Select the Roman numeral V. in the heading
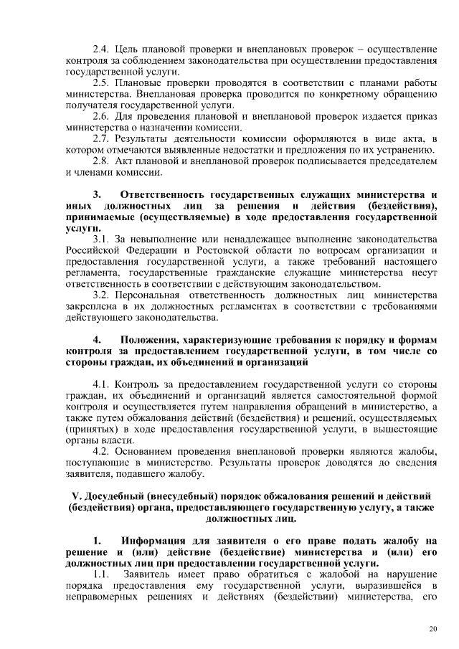(77, 497)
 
